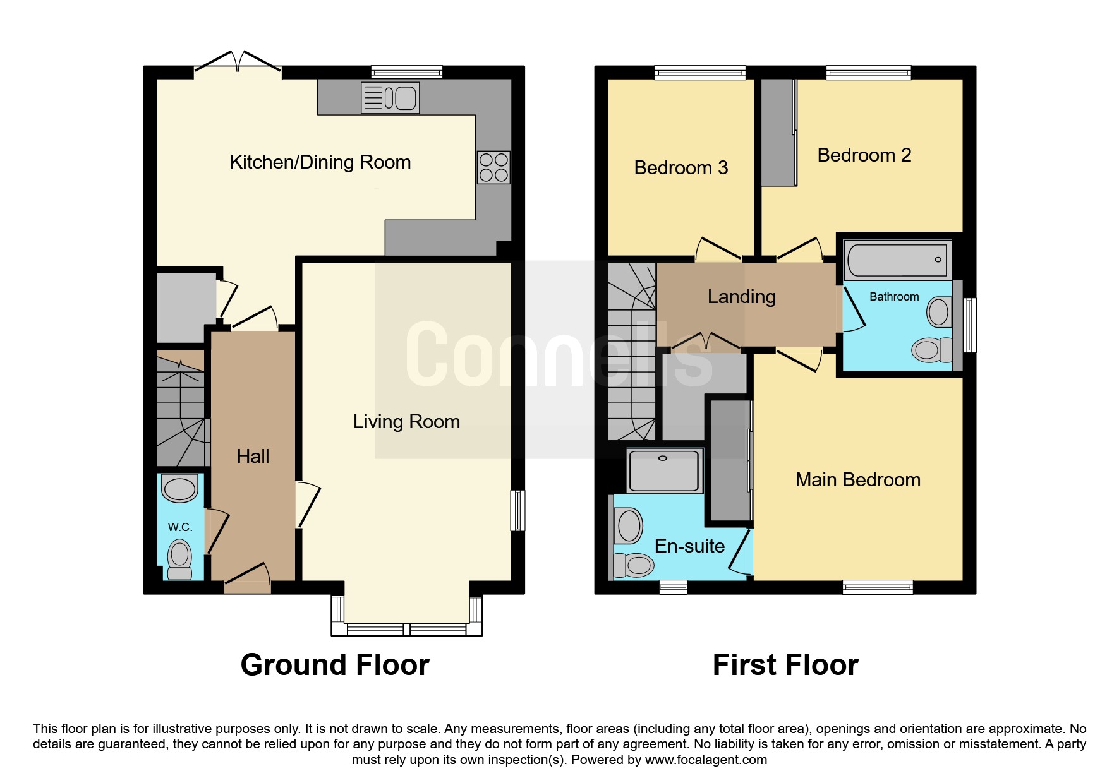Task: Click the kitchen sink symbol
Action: pos(390,99)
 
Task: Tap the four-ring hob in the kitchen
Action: pos(493,167)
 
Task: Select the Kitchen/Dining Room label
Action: pos(320,162)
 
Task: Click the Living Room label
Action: pos(406,421)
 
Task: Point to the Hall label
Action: pos(253,456)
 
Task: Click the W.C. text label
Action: pos(180,527)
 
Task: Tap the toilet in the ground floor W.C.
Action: pos(180,559)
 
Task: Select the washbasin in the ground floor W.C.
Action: pos(180,488)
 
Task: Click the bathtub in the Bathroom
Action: pos(897,260)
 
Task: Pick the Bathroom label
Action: pos(894,297)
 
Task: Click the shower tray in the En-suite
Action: pos(664,471)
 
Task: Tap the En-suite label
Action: pos(689,546)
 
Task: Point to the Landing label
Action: pos(742,297)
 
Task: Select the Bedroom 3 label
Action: pos(681,168)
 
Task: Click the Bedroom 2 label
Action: pos(864,155)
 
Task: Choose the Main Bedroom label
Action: pos(858,480)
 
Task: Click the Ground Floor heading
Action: pos(335,665)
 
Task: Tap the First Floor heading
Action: pos(785,665)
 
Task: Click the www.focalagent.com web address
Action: pos(706,760)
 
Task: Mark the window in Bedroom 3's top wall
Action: pos(700,73)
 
